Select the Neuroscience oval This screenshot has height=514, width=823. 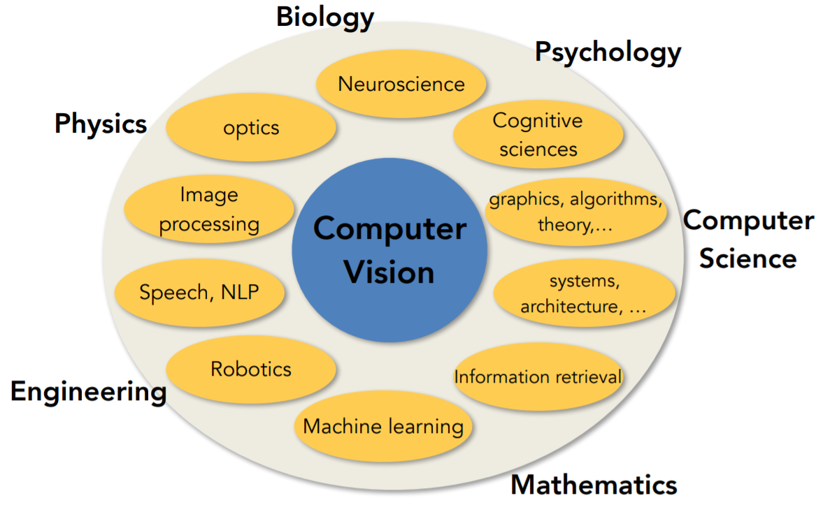[401, 85]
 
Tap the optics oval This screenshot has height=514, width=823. [251, 128]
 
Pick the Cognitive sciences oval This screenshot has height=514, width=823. [538, 134]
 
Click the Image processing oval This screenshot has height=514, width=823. [208, 210]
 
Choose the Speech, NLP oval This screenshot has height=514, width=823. [199, 291]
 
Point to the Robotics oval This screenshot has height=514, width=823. [251, 369]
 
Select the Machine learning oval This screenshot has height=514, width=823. [383, 426]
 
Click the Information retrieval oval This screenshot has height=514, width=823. [537, 377]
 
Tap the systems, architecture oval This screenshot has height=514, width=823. [584, 294]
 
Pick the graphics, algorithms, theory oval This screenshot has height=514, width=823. [575, 212]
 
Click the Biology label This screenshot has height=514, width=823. [325, 17]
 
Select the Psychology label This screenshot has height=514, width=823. [608, 52]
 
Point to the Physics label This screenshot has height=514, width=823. [101, 124]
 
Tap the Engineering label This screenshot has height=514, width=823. [88, 392]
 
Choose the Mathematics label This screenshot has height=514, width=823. [594, 485]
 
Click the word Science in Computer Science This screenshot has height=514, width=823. [747, 258]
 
